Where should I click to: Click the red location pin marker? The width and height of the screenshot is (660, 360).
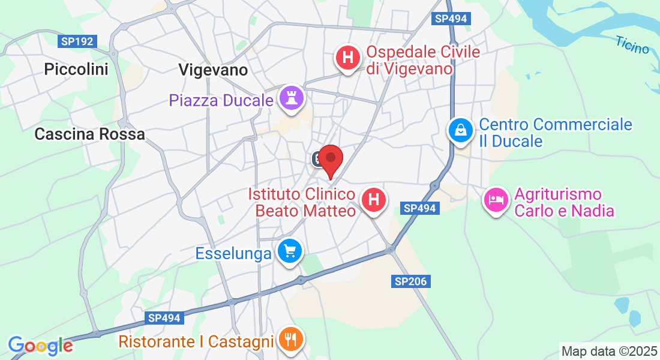(x=330, y=160)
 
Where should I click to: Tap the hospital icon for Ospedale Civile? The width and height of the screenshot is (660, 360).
(x=347, y=58)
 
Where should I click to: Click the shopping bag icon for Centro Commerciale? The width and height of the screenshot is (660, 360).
(x=460, y=130)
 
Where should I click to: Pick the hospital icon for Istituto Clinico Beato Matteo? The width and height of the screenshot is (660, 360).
(x=373, y=199)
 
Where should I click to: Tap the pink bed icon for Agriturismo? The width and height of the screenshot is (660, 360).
(x=496, y=200)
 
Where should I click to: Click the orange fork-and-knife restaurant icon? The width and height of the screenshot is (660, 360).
(x=290, y=340)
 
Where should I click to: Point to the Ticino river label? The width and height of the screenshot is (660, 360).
(x=632, y=45)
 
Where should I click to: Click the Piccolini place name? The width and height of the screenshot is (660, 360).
(x=76, y=70)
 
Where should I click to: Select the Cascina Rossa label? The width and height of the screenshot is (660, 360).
(x=90, y=134)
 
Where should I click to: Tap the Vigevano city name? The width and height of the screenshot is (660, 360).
(x=213, y=70)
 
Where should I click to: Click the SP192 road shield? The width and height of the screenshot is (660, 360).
(x=77, y=42)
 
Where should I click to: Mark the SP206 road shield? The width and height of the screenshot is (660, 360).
(x=412, y=281)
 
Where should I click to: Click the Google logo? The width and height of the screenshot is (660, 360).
(x=41, y=346)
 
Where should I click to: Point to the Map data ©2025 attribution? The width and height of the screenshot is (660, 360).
(x=609, y=351)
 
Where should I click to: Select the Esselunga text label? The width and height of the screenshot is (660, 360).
(x=233, y=254)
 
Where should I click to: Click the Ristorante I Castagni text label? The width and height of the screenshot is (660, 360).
(x=196, y=342)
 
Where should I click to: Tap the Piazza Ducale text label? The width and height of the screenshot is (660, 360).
(x=221, y=100)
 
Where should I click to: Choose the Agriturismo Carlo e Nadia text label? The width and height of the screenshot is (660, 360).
(x=565, y=203)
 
